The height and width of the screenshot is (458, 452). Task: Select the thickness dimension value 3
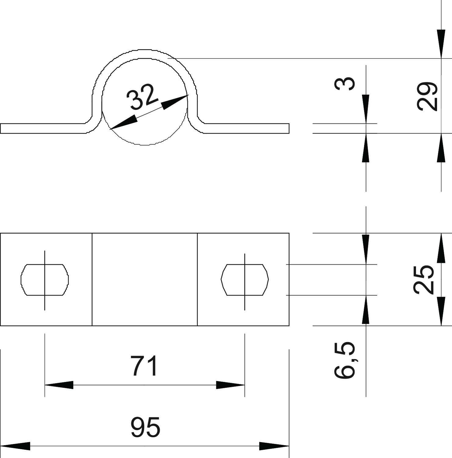point(345,84)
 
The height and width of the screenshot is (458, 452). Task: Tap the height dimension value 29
point(427,96)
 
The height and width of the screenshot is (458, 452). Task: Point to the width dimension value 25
point(424,279)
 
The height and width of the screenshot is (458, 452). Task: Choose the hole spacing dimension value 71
point(145,366)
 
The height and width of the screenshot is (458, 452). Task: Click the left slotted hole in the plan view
point(45,280)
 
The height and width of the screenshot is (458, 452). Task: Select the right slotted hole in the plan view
point(244,280)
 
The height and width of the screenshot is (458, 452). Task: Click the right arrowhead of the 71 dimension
point(230,385)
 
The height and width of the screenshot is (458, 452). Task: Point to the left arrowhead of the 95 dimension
point(15,446)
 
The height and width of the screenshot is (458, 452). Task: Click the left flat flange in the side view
point(43,129)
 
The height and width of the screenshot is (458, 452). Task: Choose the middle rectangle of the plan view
point(145,279)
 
